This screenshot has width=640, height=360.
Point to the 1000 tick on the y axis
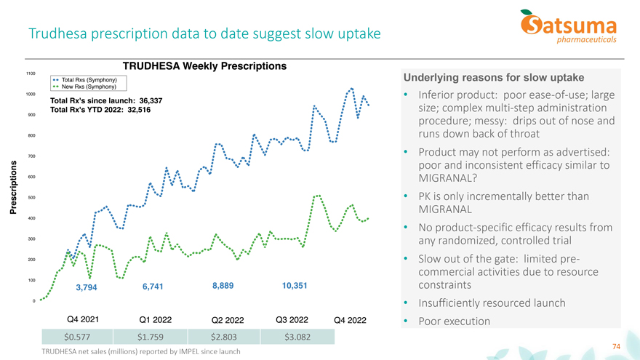(31, 94)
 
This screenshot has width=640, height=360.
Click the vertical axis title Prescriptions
(12, 187)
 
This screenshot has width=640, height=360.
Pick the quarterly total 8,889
(223, 286)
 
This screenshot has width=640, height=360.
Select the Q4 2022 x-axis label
(350, 321)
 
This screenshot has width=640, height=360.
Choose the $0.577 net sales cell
(78, 337)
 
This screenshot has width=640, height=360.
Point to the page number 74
(617, 346)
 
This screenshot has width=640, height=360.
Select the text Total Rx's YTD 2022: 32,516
(100, 110)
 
